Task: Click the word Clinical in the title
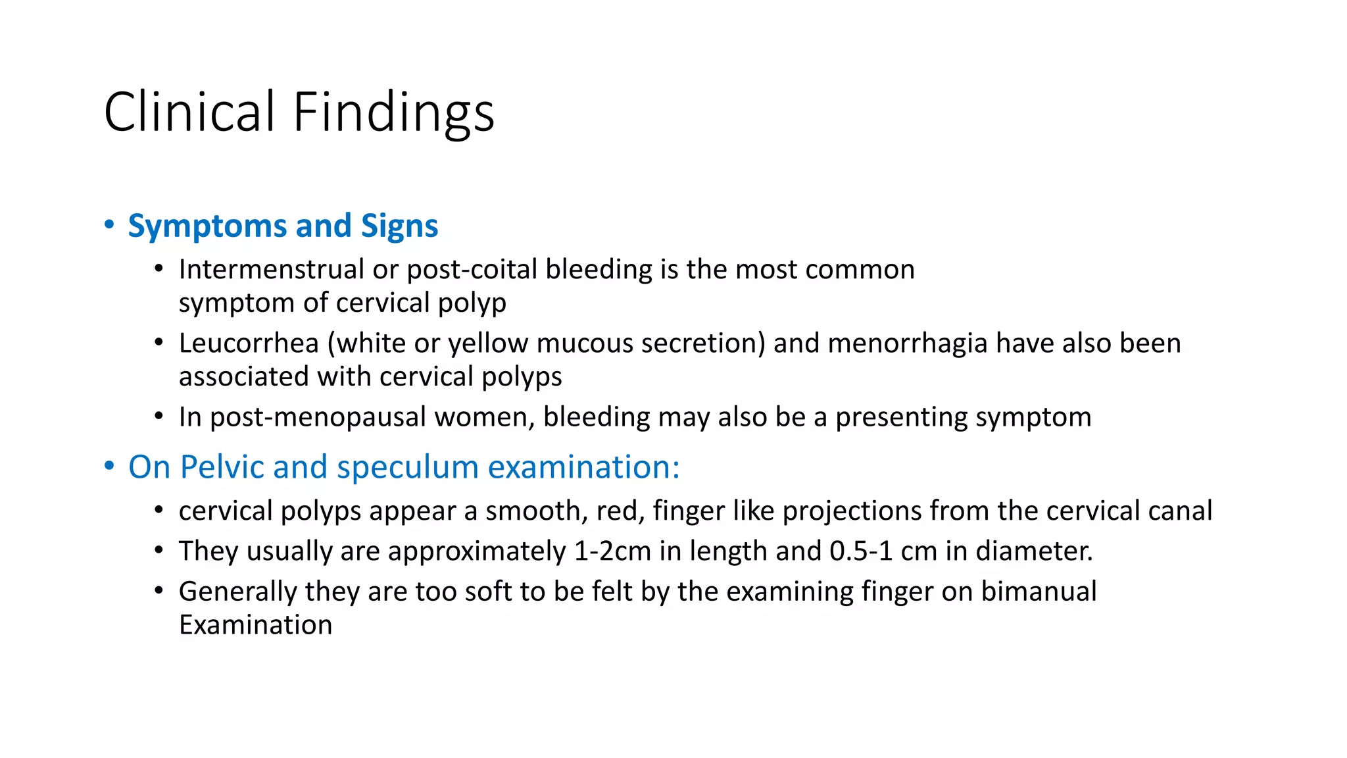189,112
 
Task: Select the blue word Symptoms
207,226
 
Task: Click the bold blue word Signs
399,226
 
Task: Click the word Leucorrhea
249,343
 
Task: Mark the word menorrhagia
907,343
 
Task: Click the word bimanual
1039,592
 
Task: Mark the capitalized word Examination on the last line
255,625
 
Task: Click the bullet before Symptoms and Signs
109,225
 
